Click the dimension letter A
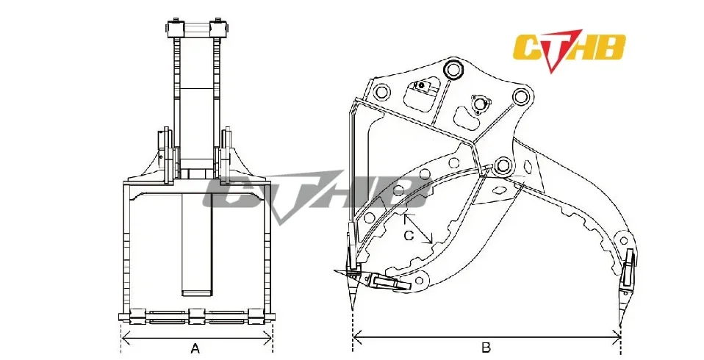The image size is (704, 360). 195,348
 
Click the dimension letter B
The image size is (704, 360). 486,348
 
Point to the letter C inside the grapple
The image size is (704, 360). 409,236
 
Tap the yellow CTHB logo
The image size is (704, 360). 570,48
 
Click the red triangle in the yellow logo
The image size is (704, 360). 558,50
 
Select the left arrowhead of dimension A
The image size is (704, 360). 126,336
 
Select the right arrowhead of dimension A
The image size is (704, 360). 268,336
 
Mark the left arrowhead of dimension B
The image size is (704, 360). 357,336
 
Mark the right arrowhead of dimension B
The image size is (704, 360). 616,336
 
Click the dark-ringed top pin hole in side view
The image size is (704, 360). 453,69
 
